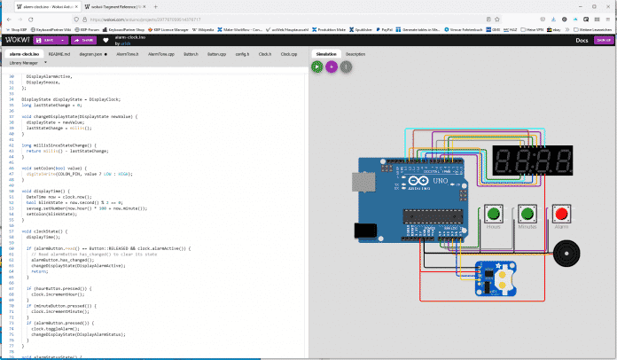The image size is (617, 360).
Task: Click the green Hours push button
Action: point(493,213)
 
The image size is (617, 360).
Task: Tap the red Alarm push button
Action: point(560,213)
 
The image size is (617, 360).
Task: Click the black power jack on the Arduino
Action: point(365,231)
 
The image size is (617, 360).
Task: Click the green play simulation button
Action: point(317,66)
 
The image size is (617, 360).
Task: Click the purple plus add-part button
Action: point(332,66)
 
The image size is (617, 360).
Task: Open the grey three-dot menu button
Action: point(346,66)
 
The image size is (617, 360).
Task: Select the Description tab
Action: point(355,54)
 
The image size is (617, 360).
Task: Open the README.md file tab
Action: point(59,54)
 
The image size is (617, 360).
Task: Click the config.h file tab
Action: point(241,54)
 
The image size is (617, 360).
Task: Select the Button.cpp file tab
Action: point(216,54)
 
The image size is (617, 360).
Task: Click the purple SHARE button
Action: point(85,39)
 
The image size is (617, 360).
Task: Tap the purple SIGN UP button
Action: point(603,39)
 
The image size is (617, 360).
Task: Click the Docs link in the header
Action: point(582,39)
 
